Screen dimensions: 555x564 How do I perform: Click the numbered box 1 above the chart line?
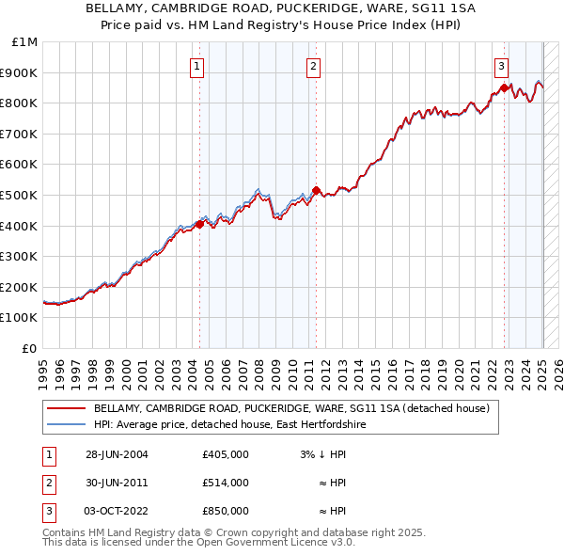(197, 66)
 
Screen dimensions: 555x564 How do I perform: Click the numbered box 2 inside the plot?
(313, 66)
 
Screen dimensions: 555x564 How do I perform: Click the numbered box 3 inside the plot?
(502, 66)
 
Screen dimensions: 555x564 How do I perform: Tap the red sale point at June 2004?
(199, 224)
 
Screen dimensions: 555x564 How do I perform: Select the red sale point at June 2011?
(316, 190)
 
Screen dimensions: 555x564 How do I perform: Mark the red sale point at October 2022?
(504, 87)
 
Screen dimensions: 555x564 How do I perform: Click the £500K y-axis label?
(20, 195)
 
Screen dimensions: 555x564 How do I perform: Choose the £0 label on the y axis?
(29, 348)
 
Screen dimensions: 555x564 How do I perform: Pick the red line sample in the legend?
(66, 409)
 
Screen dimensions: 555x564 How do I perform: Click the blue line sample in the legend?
(66, 425)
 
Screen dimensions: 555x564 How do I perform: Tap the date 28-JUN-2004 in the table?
(117, 455)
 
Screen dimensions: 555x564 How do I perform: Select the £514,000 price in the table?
(225, 483)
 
